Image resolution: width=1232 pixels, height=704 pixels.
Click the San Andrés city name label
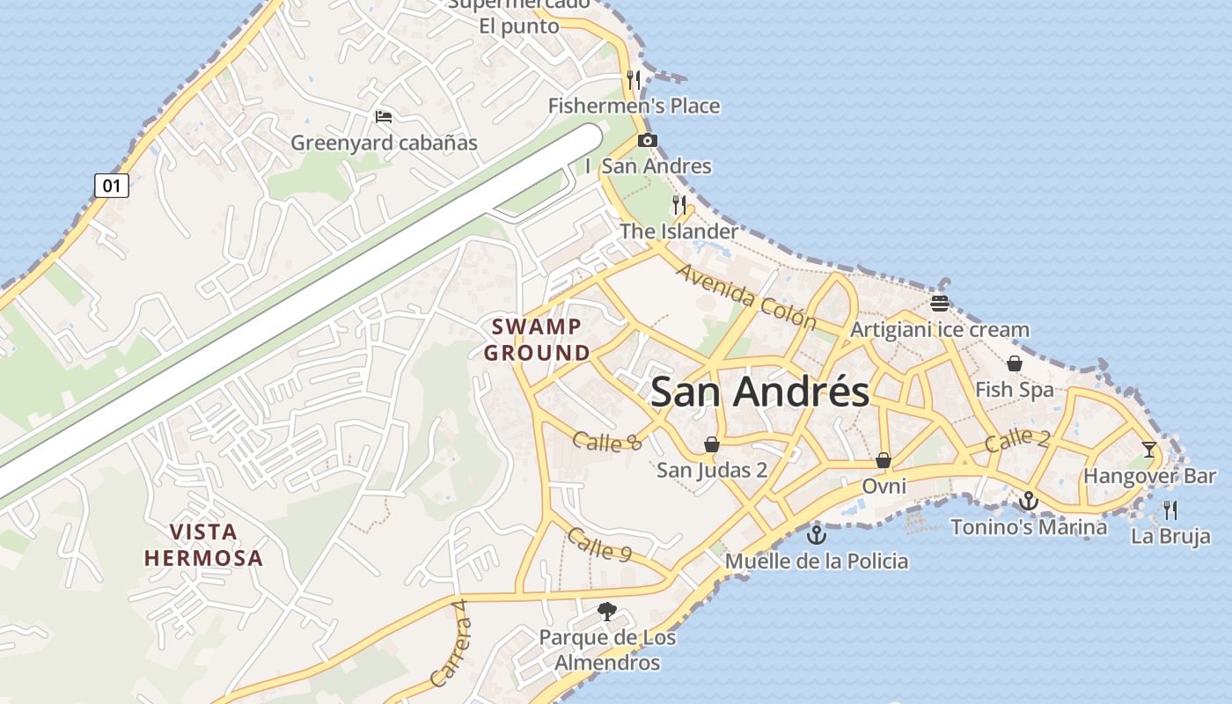(x=759, y=392)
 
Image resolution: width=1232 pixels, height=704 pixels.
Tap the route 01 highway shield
(x=112, y=186)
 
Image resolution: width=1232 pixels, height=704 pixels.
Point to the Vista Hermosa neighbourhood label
(x=203, y=545)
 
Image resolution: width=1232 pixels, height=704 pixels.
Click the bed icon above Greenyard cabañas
(x=383, y=116)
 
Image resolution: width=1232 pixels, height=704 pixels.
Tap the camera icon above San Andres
(x=648, y=140)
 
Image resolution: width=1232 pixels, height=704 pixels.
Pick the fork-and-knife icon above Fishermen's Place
(x=634, y=80)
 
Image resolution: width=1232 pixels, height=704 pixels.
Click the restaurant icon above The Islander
(x=679, y=205)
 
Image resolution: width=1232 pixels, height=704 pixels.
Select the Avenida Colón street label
(x=746, y=296)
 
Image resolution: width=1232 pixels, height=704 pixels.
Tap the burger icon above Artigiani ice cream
(x=940, y=304)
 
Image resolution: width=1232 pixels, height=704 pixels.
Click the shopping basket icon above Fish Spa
(x=1015, y=363)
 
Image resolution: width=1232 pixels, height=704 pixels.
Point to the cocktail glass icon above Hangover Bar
(x=1149, y=450)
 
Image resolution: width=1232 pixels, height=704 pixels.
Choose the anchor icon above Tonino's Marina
(x=1029, y=502)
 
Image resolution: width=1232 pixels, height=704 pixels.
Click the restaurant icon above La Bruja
(x=1170, y=510)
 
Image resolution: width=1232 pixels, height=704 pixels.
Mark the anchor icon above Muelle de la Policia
(x=817, y=534)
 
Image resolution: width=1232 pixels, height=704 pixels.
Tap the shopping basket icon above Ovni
(x=884, y=460)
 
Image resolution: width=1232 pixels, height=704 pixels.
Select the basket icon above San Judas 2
(x=712, y=444)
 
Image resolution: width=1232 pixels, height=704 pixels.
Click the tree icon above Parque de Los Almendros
(x=606, y=611)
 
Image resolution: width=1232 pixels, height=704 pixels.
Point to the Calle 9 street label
(x=599, y=544)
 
